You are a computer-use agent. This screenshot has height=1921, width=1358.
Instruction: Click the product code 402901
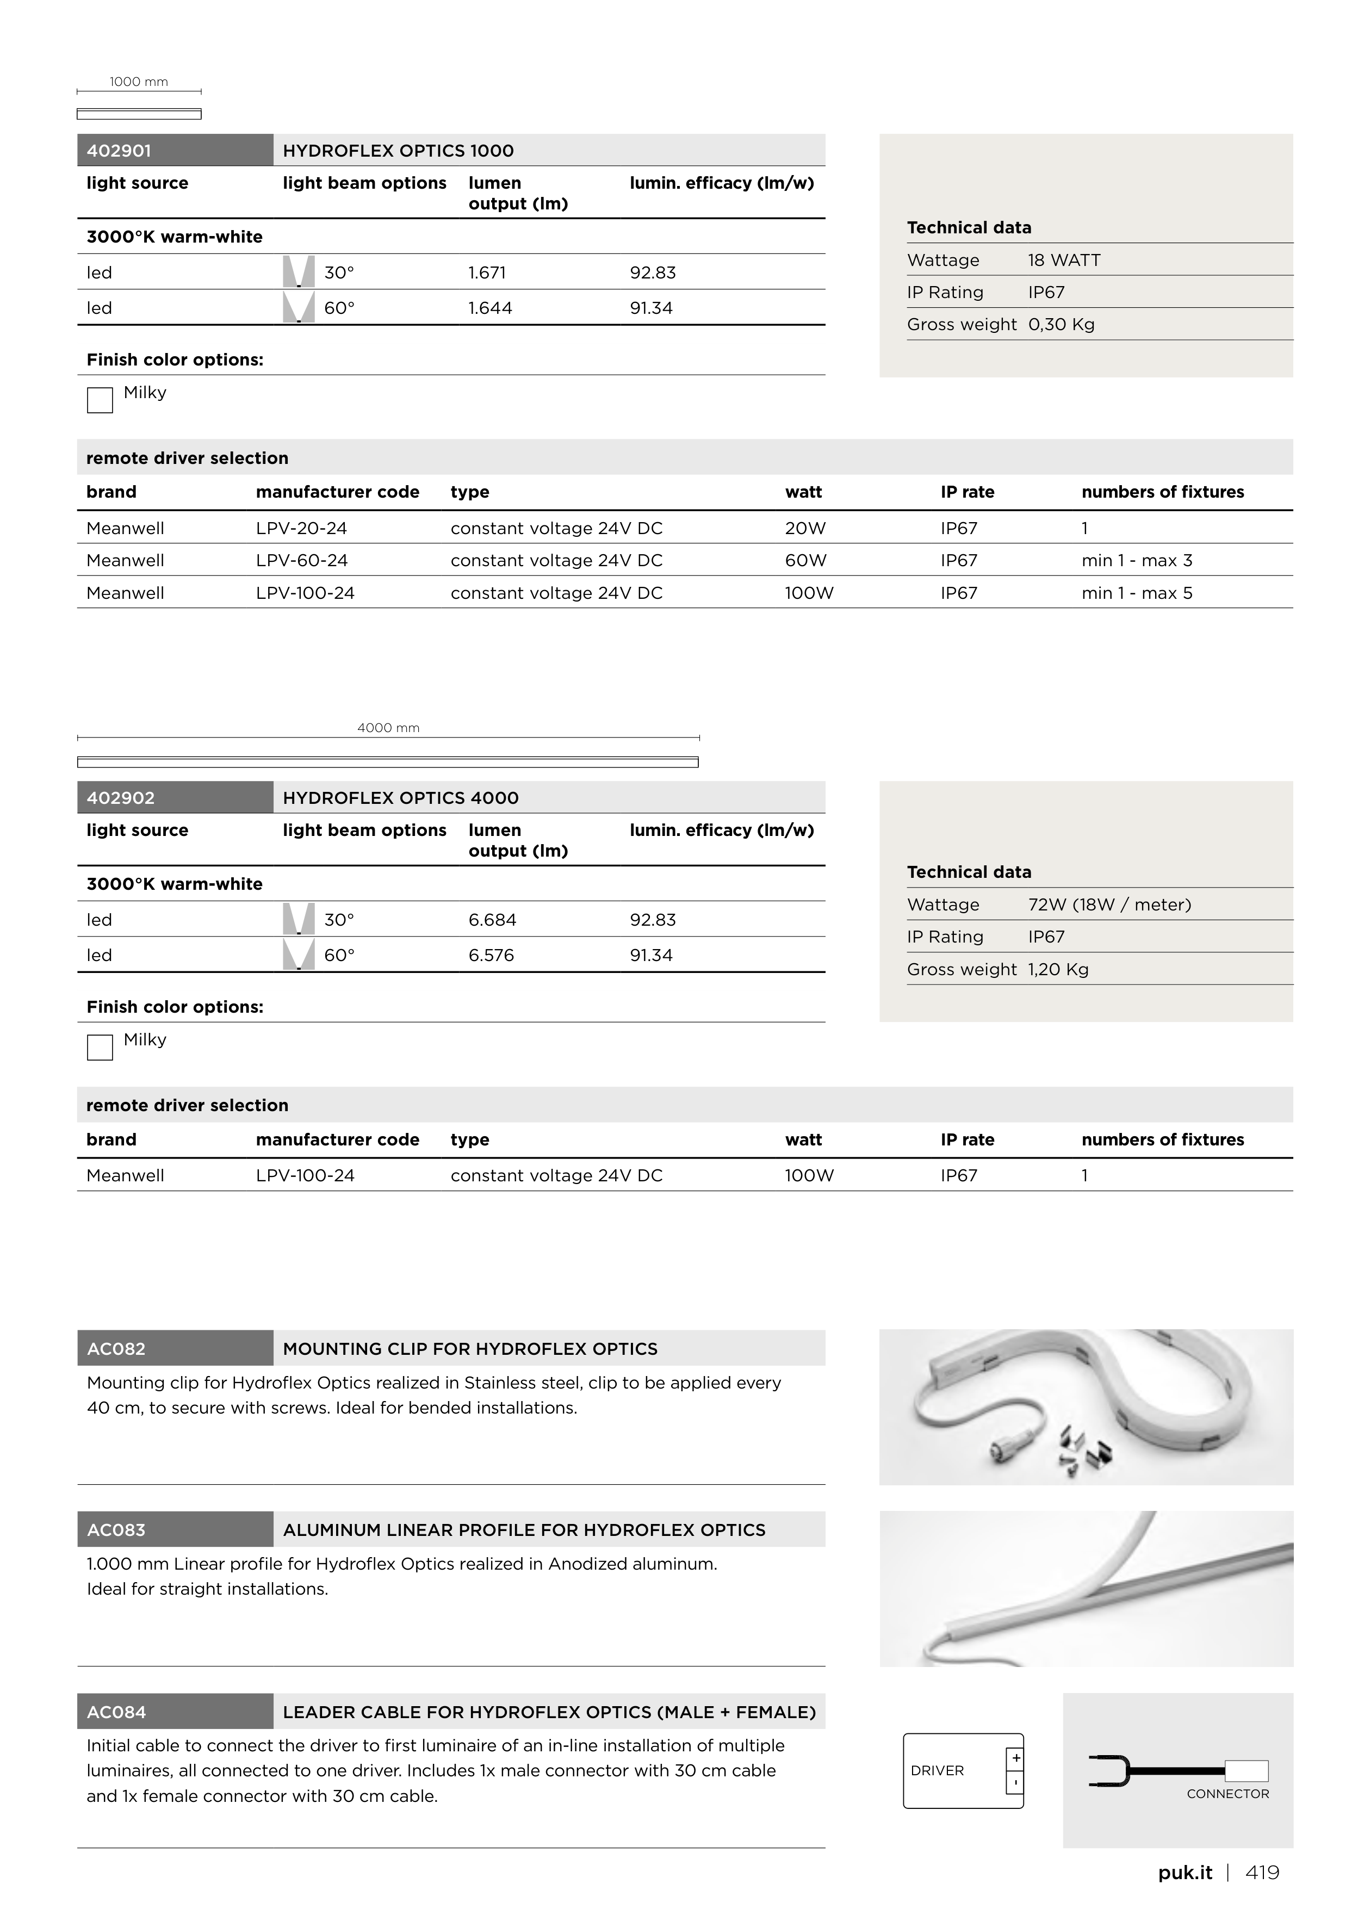pos(119,151)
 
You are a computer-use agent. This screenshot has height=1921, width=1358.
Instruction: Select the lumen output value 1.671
pos(487,272)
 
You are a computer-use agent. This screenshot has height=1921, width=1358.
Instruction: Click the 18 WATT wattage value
pos(1063,260)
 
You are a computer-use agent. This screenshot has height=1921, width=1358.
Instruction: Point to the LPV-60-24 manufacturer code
pos(302,561)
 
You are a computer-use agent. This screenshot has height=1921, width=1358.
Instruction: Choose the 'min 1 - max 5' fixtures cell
pos(1136,593)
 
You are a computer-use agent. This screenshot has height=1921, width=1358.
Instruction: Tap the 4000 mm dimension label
pos(388,728)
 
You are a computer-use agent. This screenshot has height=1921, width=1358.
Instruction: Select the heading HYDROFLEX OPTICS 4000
pos(401,798)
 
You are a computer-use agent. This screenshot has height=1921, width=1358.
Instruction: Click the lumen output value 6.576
pos(491,956)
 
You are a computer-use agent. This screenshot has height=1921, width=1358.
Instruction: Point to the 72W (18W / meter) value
pos(1109,904)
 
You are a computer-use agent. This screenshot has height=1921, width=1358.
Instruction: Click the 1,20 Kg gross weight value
pos(1058,970)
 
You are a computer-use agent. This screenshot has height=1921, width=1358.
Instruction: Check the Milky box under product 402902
pos(100,1048)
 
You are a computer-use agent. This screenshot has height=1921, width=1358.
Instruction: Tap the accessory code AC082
pos(116,1349)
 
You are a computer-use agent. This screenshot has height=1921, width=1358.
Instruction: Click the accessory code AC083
pos(116,1530)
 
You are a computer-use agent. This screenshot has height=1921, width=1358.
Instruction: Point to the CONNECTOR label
pos(1227,1794)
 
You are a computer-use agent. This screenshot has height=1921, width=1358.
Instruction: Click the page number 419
pos(1262,1873)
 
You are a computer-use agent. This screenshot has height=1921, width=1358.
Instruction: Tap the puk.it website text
pos(1185,1873)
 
